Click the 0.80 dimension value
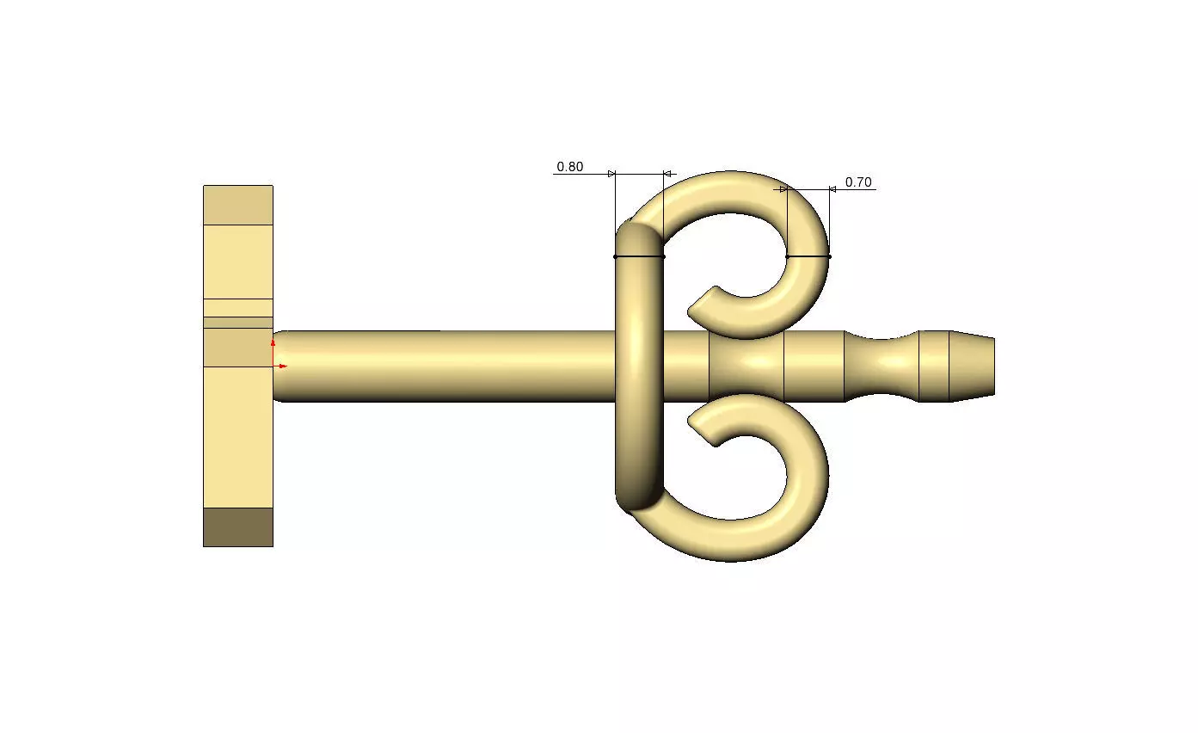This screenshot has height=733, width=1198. [x=569, y=167]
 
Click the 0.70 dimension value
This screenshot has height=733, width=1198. [x=858, y=182]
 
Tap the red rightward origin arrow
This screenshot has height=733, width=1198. [x=280, y=366]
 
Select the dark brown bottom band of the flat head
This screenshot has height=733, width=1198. [x=238, y=527]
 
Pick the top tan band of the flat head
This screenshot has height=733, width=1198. [x=238, y=205]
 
